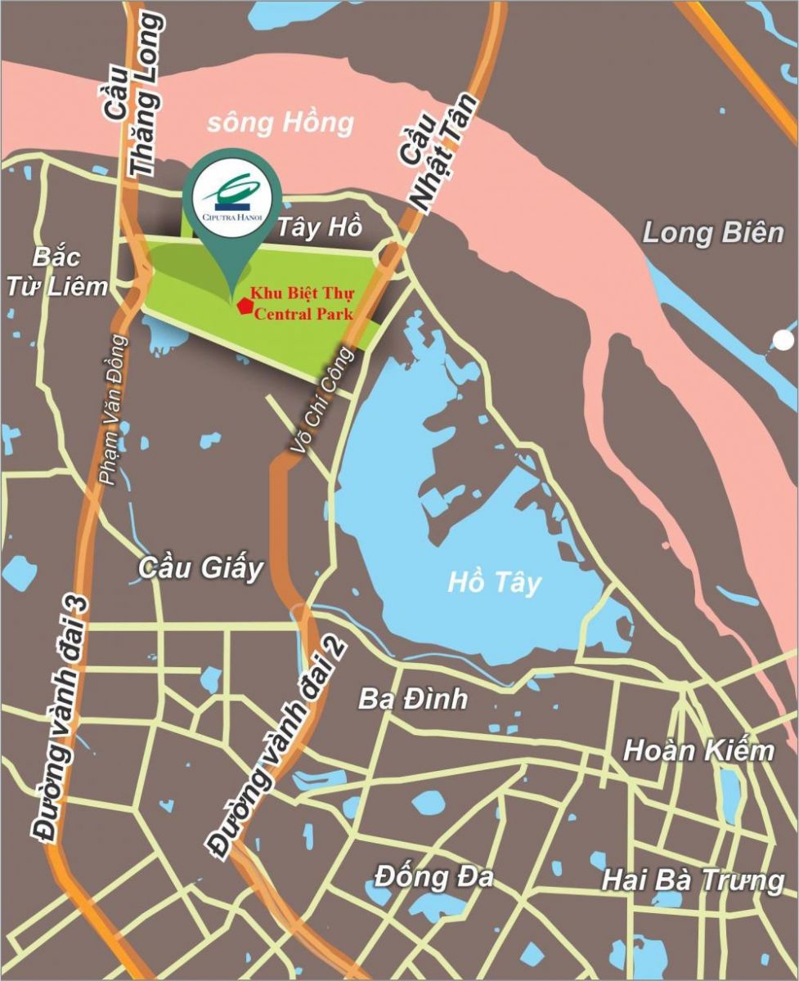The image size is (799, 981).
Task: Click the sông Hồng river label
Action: click(x=280, y=123)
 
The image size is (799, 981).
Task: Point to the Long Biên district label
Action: click(x=712, y=233)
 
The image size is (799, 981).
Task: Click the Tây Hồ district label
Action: click(x=319, y=228)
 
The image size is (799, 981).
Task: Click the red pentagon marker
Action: click(x=243, y=306)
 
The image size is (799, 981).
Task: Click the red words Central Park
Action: click(x=303, y=313)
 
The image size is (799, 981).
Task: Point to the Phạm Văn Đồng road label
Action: click(x=115, y=409)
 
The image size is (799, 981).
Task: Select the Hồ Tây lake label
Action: click(x=495, y=584)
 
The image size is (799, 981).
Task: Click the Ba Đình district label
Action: click(x=413, y=699)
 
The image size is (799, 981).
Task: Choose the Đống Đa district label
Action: click(x=434, y=877)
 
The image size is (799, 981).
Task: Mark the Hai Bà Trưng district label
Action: click(x=693, y=880)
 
